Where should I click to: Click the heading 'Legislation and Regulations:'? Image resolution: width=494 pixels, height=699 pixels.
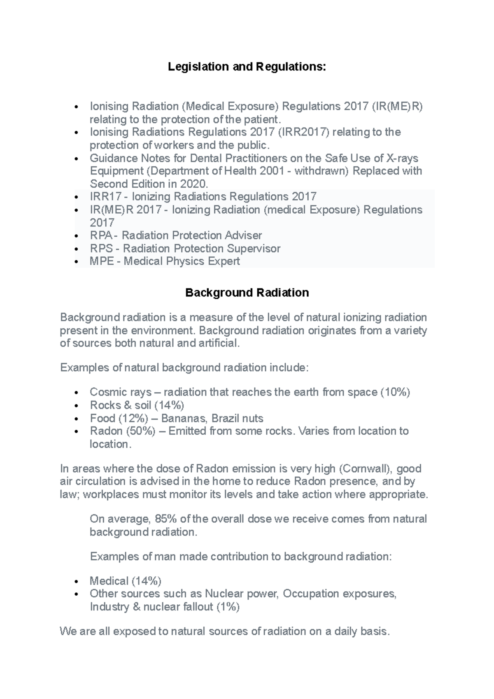[x=247, y=67]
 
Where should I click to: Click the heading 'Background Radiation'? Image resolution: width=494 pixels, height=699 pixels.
[x=247, y=293]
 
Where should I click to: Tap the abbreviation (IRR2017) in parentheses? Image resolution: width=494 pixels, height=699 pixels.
[x=303, y=132]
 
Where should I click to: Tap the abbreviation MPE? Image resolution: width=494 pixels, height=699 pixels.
[x=102, y=261]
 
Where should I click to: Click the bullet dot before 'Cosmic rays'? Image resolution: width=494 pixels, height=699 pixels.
[x=76, y=393]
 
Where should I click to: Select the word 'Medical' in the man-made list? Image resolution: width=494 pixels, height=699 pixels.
[x=109, y=581]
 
